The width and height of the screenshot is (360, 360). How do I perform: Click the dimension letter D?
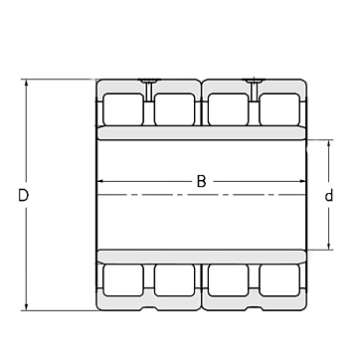(23, 196)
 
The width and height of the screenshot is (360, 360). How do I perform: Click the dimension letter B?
(201, 181)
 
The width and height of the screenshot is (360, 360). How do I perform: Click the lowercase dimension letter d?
(328, 196)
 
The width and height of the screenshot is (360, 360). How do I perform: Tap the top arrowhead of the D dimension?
(26, 83)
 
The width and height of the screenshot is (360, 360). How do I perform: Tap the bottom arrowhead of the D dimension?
(26, 307)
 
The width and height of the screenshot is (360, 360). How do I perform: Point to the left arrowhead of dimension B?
(100, 181)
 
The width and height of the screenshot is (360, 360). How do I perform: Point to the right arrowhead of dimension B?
(302, 181)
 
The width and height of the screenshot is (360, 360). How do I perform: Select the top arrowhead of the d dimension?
(328, 143)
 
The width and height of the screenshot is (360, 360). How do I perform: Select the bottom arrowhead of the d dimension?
(328, 246)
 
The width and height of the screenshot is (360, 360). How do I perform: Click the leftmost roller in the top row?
(123, 109)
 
